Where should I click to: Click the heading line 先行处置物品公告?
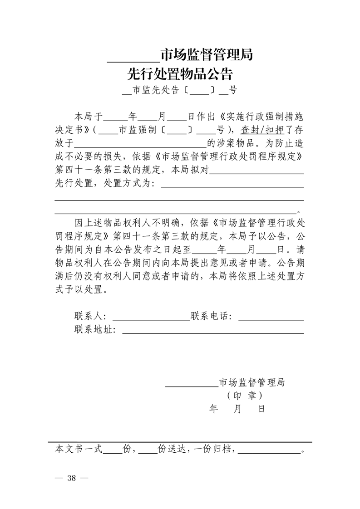[180, 73]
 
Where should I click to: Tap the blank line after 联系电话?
[271, 318]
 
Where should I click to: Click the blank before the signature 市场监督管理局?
[191, 385]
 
